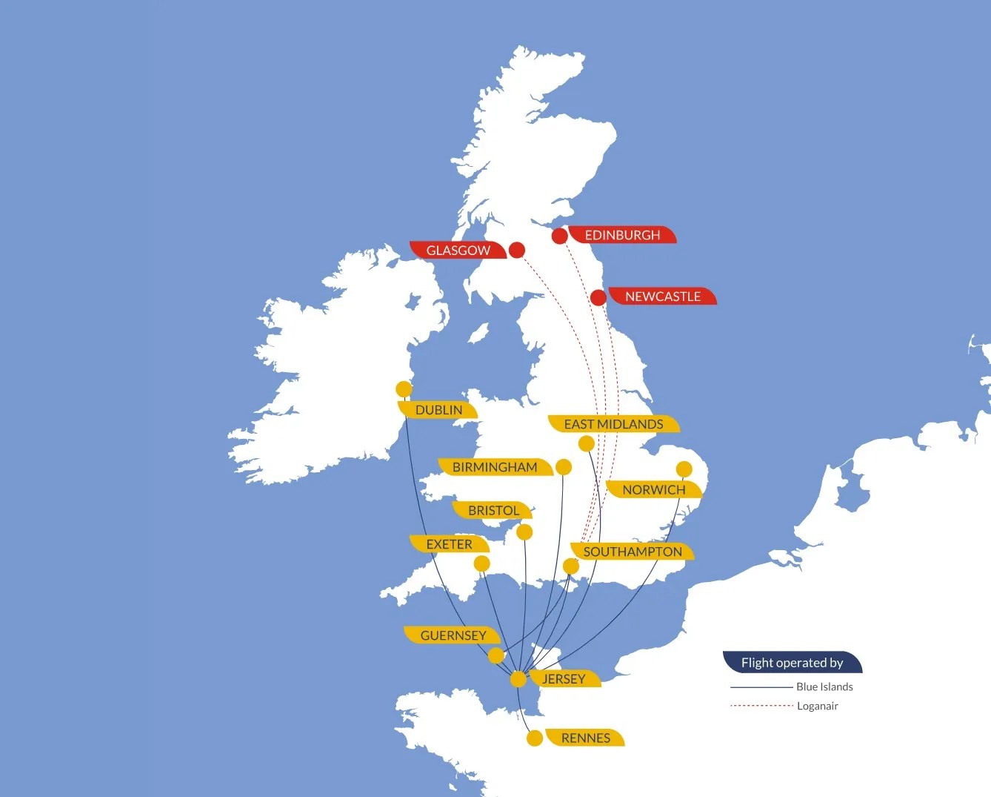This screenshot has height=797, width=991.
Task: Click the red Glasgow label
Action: [x=458, y=251]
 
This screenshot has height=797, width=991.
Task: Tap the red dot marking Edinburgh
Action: [x=560, y=236]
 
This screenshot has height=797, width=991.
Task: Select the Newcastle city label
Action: [x=662, y=297]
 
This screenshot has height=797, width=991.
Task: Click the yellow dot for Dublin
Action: [x=404, y=389]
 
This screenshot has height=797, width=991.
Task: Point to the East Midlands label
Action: [x=613, y=424]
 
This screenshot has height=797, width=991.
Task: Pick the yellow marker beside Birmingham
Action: [x=564, y=467]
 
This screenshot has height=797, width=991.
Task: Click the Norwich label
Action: [x=653, y=489]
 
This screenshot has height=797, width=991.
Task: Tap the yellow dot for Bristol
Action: [x=524, y=532]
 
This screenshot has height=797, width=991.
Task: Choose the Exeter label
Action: [x=449, y=544]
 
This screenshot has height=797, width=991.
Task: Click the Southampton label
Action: [x=632, y=552]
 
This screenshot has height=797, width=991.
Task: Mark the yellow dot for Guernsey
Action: [x=496, y=655]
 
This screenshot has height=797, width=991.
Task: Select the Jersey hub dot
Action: [x=518, y=679]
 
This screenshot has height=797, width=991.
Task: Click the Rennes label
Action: [x=585, y=738]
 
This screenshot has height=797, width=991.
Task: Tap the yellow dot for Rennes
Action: [x=535, y=738]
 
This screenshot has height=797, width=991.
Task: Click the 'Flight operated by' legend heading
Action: [x=792, y=663]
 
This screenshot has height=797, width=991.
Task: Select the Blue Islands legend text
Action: [x=824, y=687]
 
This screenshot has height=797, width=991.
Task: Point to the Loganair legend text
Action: [x=818, y=706]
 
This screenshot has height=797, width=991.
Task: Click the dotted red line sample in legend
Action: [x=761, y=706]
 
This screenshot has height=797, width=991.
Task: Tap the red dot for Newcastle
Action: [x=598, y=297]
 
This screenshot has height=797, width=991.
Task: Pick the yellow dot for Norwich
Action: [x=684, y=469]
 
